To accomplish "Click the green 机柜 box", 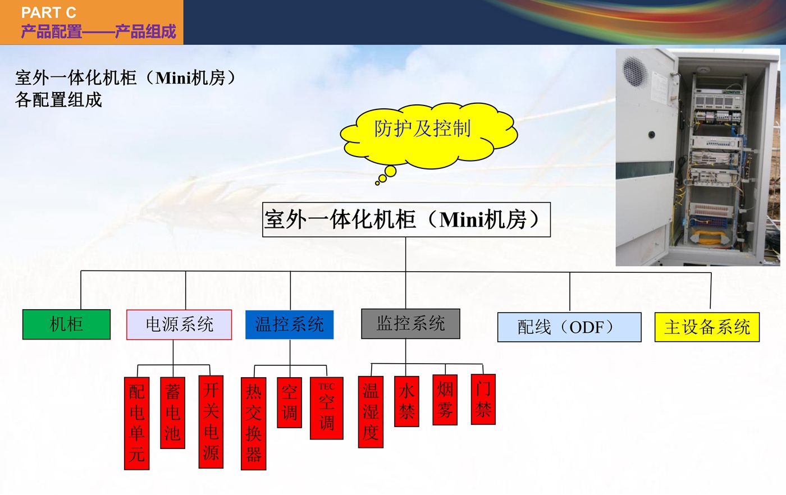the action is [66, 324].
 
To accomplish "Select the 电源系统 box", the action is [179, 324].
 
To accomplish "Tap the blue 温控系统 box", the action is [290, 324].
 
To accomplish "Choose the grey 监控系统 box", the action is [410, 323].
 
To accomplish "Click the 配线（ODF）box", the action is [569, 327].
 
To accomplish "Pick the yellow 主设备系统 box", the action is [707, 327].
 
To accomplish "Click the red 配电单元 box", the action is [137, 423].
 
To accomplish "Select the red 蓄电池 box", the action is [173, 412].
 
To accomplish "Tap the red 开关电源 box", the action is [211, 421].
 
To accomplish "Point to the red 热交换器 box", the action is [253, 423].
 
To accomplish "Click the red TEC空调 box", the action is [326, 408].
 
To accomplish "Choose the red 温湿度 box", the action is [371, 412].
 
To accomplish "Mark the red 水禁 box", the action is [406, 401].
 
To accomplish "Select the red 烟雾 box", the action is [445, 400].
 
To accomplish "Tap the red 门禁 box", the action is [483, 399].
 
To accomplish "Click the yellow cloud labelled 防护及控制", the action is [428, 135].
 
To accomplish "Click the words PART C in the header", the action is [48, 13].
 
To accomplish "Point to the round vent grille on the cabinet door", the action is [635, 72].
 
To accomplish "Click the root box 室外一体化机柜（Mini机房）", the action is [406, 219].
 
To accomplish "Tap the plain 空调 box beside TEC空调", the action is [290, 402].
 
